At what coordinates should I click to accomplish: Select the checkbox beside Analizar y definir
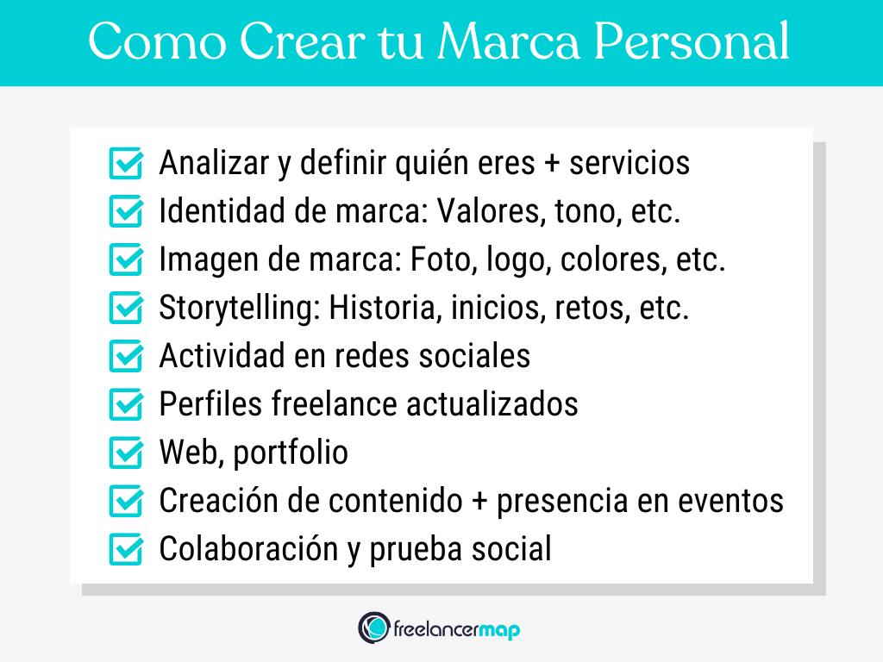click(x=126, y=164)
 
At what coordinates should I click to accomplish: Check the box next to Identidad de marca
click(x=126, y=212)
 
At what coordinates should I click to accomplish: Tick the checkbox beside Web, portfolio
click(x=126, y=453)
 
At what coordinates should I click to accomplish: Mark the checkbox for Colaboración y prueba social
click(x=126, y=549)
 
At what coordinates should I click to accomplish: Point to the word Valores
click(x=485, y=212)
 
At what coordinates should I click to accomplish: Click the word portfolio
click(x=291, y=453)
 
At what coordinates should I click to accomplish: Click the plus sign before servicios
click(x=552, y=164)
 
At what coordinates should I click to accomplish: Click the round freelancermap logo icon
click(x=373, y=627)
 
